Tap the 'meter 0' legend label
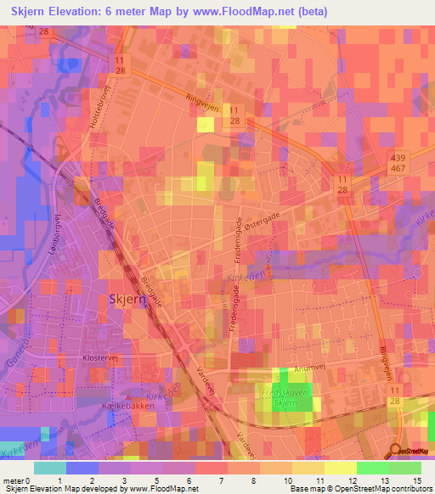click(17, 480)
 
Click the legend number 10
click(290, 480)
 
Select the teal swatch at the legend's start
click(49, 468)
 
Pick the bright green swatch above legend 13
click(372, 468)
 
